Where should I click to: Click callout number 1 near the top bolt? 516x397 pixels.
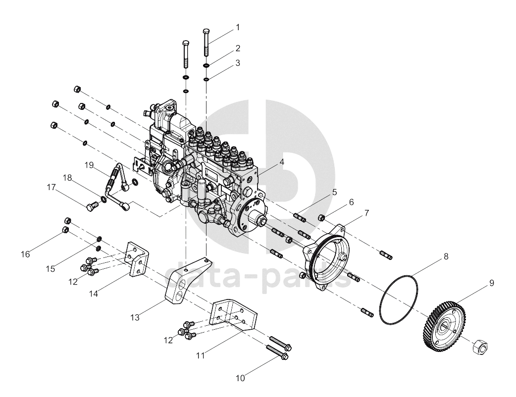click(238, 27)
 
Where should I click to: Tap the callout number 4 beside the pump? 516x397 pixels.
click(282, 162)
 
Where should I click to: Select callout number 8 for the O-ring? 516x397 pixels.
click(446, 256)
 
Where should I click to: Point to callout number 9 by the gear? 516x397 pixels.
click(492, 283)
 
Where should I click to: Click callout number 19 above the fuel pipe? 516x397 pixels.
click(89, 165)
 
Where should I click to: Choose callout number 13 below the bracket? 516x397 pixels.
click(135, 317)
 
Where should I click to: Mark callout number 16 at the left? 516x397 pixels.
click(25, 254)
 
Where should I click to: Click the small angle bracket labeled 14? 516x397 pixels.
click(137, 260)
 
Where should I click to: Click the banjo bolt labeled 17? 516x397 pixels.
click(92, 206)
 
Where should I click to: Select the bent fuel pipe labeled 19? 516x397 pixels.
click(117, 186)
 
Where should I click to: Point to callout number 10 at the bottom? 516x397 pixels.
click(241, 378)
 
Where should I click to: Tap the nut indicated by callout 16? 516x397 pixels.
click(65, 230)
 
